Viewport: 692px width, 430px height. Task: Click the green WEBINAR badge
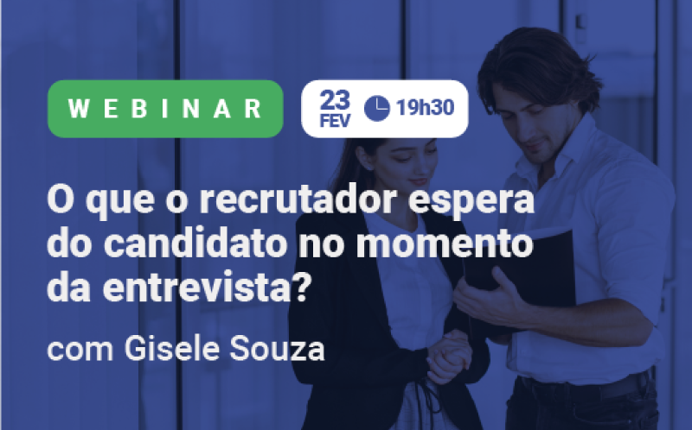[165, 109]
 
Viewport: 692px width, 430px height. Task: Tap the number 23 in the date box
[335, 100]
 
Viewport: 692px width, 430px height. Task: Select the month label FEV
[335, 121]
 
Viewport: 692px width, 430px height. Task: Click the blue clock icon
[377, 109]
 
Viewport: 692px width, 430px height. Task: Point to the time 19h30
[425, 107]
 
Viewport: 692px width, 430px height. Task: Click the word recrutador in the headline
[298, 200]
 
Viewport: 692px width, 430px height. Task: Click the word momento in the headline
[445, 244]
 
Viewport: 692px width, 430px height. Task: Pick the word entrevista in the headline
[196, 288]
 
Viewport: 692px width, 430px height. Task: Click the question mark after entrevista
[301, 288]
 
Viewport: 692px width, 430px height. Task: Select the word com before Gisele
[80, 351]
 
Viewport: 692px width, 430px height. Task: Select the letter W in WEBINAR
[79, 109]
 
